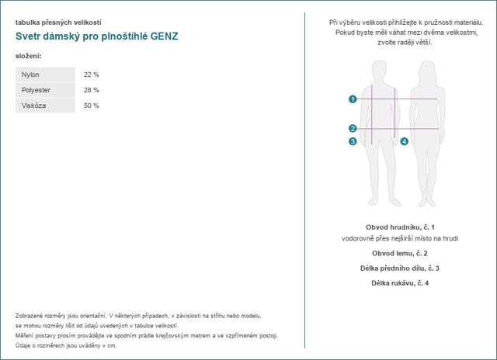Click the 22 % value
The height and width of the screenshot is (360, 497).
(91, 74)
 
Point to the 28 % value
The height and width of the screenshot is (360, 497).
(91, 90)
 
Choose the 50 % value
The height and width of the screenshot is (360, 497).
(91, 106)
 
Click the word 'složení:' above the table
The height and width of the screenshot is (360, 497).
(29, 57)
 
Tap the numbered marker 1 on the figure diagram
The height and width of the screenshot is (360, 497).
(353, 99)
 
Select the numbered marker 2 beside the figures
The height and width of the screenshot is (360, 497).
(353, 129)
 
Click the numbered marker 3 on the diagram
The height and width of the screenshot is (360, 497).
(353, 141)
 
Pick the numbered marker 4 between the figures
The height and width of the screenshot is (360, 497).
(404, 141)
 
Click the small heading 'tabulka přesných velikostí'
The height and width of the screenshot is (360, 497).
(58, 22)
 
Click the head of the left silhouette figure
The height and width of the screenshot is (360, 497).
(381, 68)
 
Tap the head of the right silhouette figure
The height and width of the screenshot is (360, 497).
(428, 68)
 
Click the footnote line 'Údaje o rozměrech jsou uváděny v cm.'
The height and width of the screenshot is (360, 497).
(66, 345)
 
